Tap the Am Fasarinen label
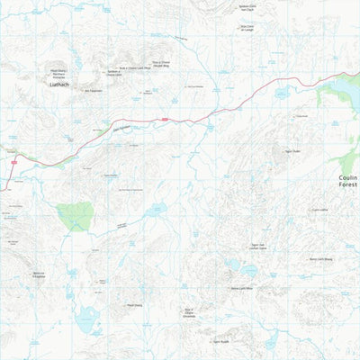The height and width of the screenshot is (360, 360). click(x=94, y=90)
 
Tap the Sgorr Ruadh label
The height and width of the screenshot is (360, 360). click(x=221, y=341)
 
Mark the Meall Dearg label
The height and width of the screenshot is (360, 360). click(x=135, y=304)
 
